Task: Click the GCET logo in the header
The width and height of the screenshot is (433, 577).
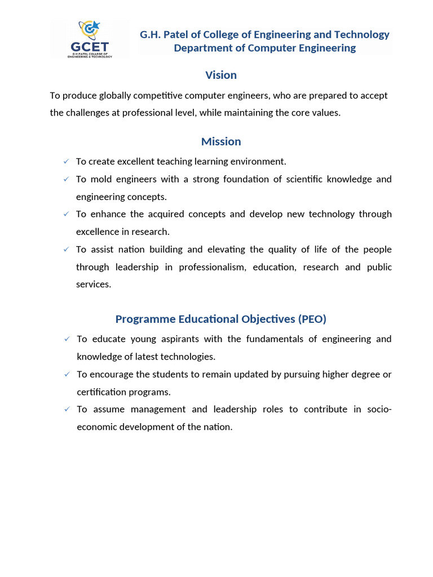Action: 89,39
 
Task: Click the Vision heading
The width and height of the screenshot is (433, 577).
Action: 221,75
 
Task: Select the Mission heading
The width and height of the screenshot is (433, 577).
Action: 221,141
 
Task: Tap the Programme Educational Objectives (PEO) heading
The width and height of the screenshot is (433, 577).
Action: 221,319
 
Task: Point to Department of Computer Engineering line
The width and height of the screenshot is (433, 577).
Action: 264,48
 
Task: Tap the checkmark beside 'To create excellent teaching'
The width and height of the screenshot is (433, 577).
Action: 67,162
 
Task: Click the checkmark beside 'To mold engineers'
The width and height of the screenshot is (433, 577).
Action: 67,179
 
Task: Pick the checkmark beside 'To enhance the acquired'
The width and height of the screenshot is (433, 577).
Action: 67,214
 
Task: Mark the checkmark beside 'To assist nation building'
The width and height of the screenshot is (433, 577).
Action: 67,249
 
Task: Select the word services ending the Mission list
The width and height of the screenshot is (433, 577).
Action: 94,285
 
